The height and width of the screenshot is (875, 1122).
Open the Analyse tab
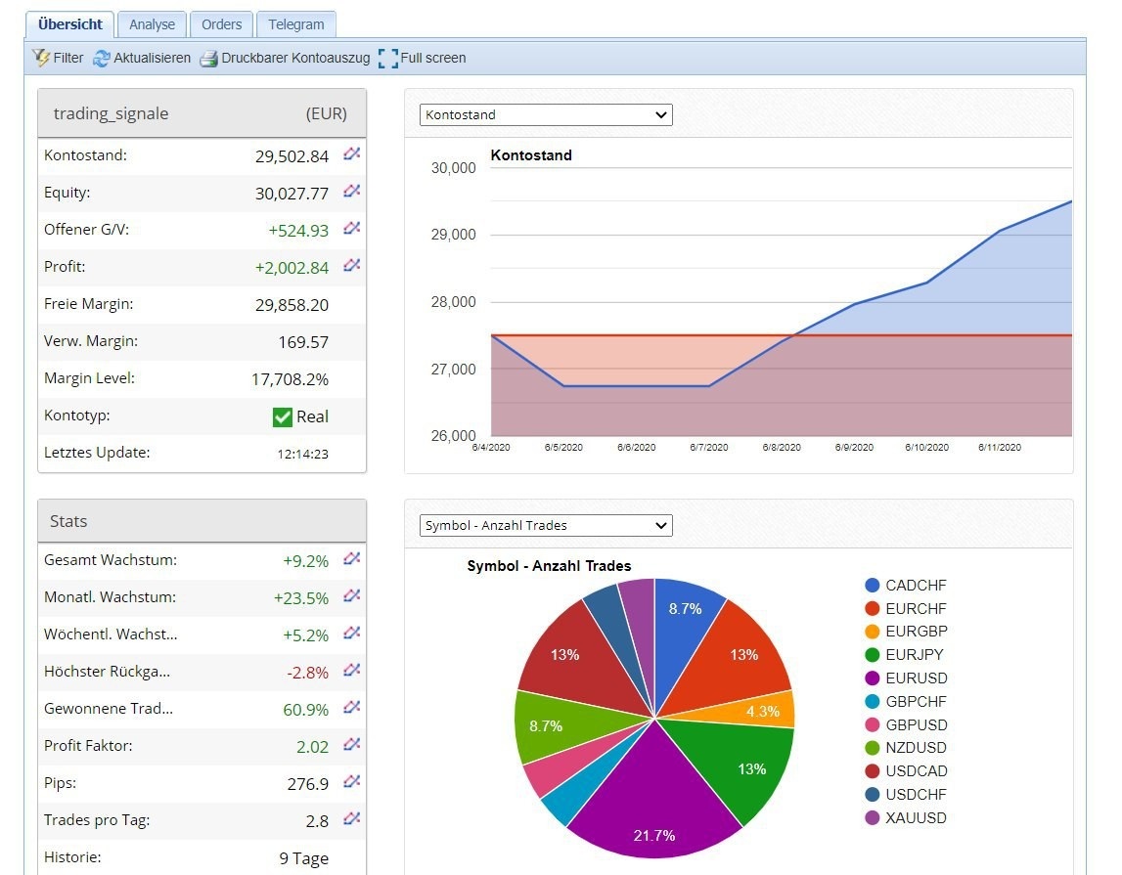[152, 24]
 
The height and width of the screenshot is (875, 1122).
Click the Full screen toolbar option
[422, 59]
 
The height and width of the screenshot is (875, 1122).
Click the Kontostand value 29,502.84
[292, 156]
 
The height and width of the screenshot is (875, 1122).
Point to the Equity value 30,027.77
[292, 194]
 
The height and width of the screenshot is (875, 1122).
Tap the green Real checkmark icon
[283, 417]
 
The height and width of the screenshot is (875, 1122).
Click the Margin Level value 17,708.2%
[290, 379]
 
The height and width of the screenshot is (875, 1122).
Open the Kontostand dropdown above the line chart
[546, 115]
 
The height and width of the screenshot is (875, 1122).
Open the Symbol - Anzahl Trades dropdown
[546, 526]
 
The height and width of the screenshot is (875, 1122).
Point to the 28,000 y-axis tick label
[453, 302]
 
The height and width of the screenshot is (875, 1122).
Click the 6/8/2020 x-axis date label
[782, 448]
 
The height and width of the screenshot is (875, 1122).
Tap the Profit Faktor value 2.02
[312, 747]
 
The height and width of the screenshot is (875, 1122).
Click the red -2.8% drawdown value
[307, 673]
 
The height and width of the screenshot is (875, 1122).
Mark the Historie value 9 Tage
[303, 859]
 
